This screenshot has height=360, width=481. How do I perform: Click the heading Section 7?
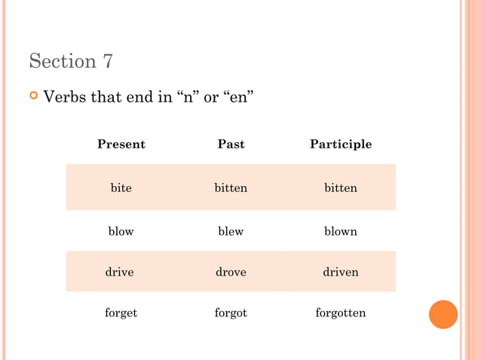point(71,61)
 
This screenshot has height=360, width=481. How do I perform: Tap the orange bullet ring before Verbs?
point(33,96)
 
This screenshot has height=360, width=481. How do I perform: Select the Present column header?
point(121,144)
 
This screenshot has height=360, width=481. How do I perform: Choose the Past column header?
point(231,144)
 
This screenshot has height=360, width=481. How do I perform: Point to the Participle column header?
point(341,144)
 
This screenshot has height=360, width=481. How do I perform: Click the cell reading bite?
point(121,188)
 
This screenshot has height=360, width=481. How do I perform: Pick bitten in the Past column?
point(231,188)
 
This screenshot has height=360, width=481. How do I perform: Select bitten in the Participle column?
point(341,188)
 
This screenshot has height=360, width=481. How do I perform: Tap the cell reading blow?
point(121,231)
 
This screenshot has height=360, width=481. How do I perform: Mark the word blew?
point(231,231)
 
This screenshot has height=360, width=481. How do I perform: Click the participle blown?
point(341,231)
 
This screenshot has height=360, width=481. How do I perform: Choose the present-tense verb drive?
point(120,272)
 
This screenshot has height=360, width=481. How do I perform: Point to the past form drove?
point(231,272)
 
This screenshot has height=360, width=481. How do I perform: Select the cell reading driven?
point(341,272)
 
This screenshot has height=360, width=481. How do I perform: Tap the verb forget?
point(121,313)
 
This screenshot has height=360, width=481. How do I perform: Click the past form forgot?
point(231,313)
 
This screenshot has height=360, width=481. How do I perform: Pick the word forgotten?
point(341,313)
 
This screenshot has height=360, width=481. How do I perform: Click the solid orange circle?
point(443,314)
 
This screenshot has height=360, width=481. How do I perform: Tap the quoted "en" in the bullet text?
point(238,97)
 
